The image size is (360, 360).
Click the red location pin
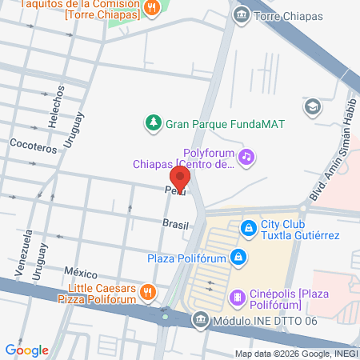(180, 176)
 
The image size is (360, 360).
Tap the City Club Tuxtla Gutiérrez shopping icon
(250, 228)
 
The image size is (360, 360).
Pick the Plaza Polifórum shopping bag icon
(238, 257)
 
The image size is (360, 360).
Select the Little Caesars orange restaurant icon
(147, 293)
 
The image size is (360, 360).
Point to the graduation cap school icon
(313, 106)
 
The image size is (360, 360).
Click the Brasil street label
(175, 225)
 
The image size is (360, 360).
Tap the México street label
(81, 272)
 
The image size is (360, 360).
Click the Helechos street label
(58, 102)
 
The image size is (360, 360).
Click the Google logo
(26, 350)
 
